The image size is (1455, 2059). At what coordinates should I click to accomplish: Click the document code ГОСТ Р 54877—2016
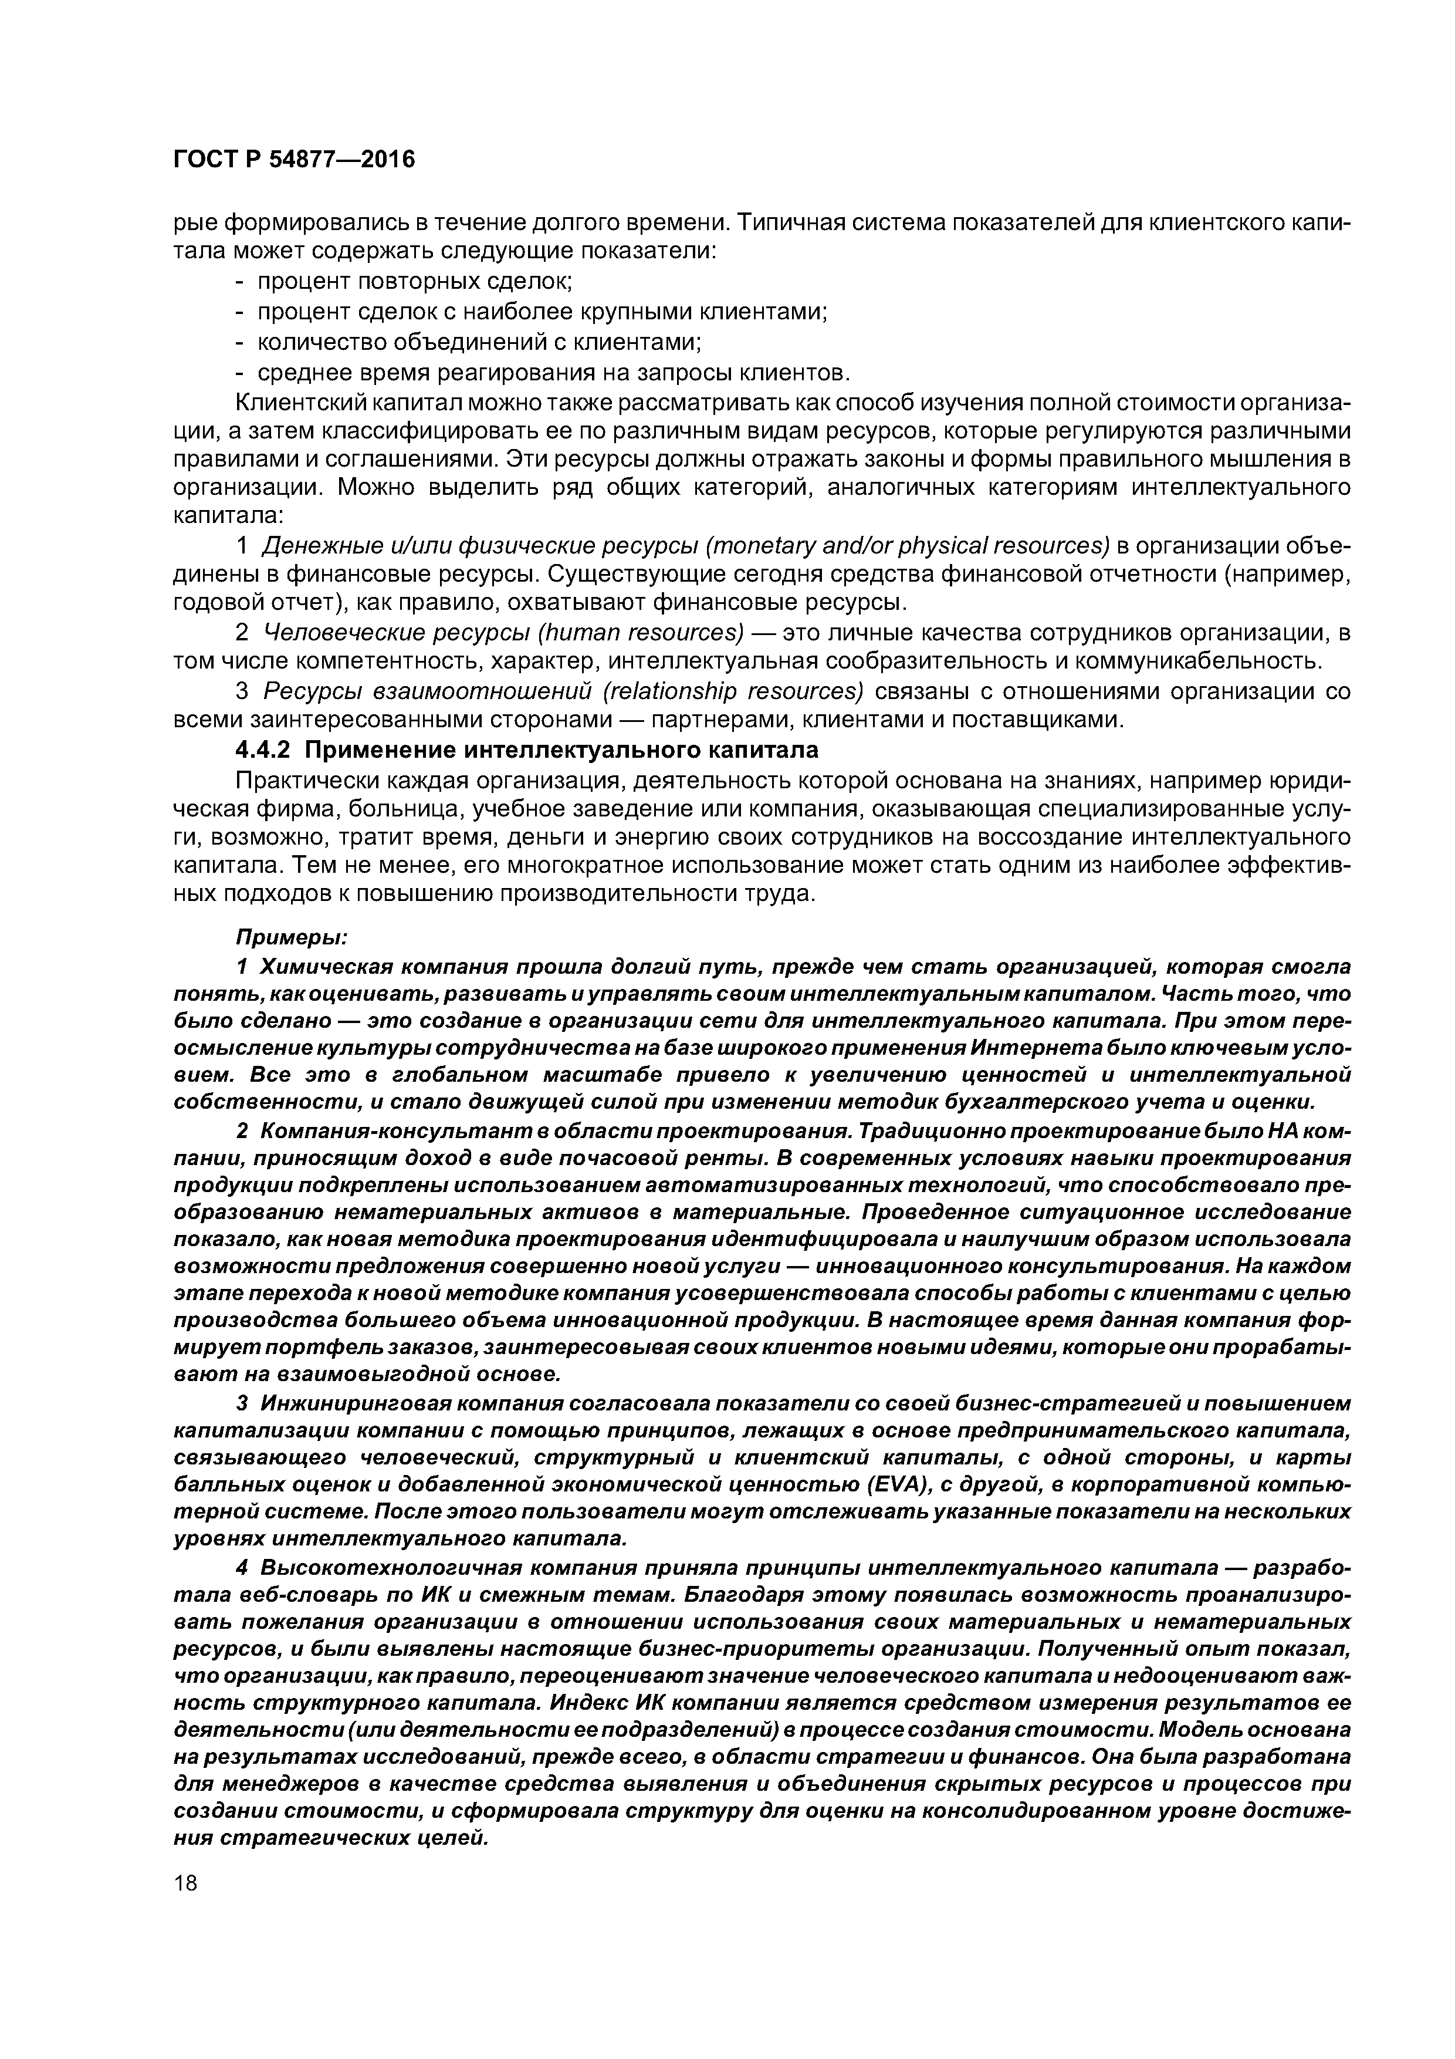coord(294,160)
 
